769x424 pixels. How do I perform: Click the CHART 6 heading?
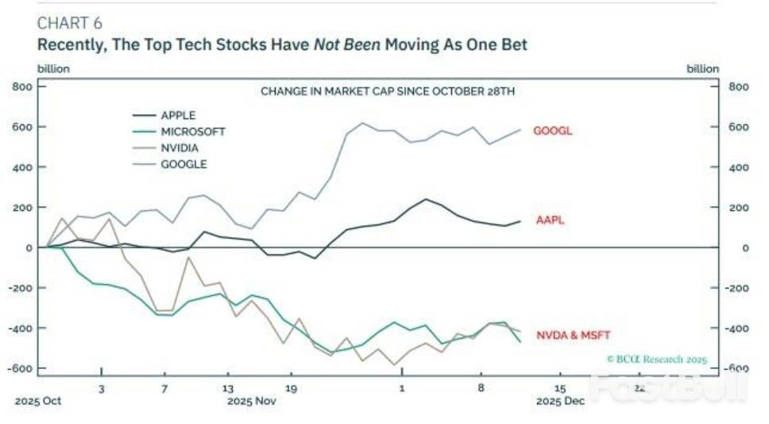[69, 22]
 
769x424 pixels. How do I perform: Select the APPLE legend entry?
[178, 115]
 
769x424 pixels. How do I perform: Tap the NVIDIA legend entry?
[180, 148]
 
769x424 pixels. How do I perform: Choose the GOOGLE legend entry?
[184, 164]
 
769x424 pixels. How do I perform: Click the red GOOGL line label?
[552, 131]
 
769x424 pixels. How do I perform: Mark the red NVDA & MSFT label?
[573, 334]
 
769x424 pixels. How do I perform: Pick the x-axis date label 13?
[228, 388]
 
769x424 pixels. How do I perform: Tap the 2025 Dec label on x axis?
[560, 401]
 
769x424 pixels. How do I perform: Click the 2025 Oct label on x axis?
[37, 401]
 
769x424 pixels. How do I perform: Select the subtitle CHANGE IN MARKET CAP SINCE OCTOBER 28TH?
[388, 91]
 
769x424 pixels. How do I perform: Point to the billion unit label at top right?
[703, 68]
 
